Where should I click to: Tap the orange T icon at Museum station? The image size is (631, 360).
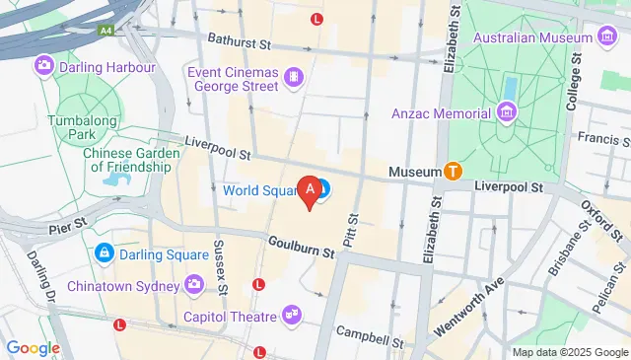[x=454, y=171]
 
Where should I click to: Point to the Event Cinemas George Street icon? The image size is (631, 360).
[x=293, y=76]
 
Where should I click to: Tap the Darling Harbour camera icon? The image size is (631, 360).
[x=43, y=67]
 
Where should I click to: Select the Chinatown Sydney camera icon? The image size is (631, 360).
[x=194, y=285]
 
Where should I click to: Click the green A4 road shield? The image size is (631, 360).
[x=105, y=31]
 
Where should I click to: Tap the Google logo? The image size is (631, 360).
[x=33, y=347]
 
